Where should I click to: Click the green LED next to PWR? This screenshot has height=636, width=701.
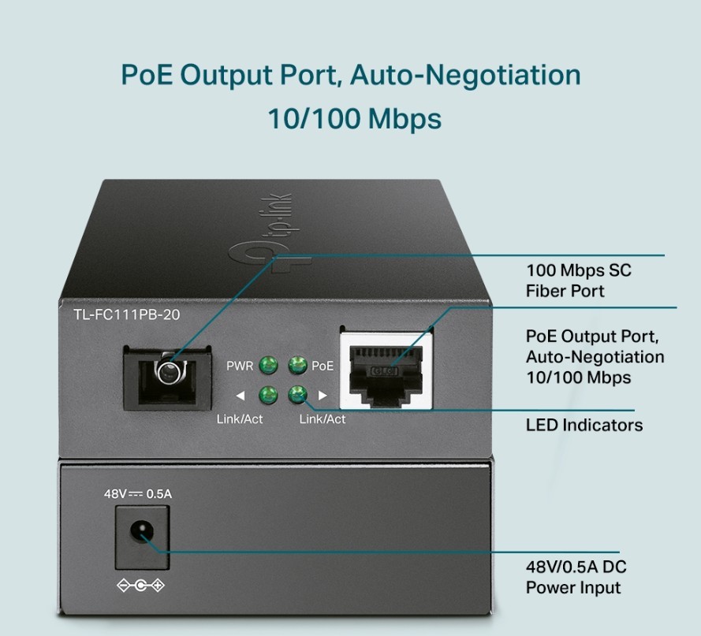point(270,365)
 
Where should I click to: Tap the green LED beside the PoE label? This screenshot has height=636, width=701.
point(297,365)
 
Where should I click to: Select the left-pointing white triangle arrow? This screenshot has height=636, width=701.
point(241,395)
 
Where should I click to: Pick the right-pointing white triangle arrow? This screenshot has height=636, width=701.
point(322,395)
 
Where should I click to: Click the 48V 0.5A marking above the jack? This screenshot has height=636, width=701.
point(137,495)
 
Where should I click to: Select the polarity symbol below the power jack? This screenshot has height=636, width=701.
point(140,586)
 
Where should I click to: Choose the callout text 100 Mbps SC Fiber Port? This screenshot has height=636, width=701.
point(578,281)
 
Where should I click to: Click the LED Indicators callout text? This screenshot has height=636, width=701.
point(584,426)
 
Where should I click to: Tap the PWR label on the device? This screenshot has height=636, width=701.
point(240,366)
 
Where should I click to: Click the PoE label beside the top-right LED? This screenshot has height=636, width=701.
point(323,366)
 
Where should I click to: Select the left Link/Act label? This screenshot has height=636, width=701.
point(240,418)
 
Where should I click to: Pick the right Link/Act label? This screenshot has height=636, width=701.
point(323,418)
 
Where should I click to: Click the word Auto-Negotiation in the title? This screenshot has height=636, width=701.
point(465,76)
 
